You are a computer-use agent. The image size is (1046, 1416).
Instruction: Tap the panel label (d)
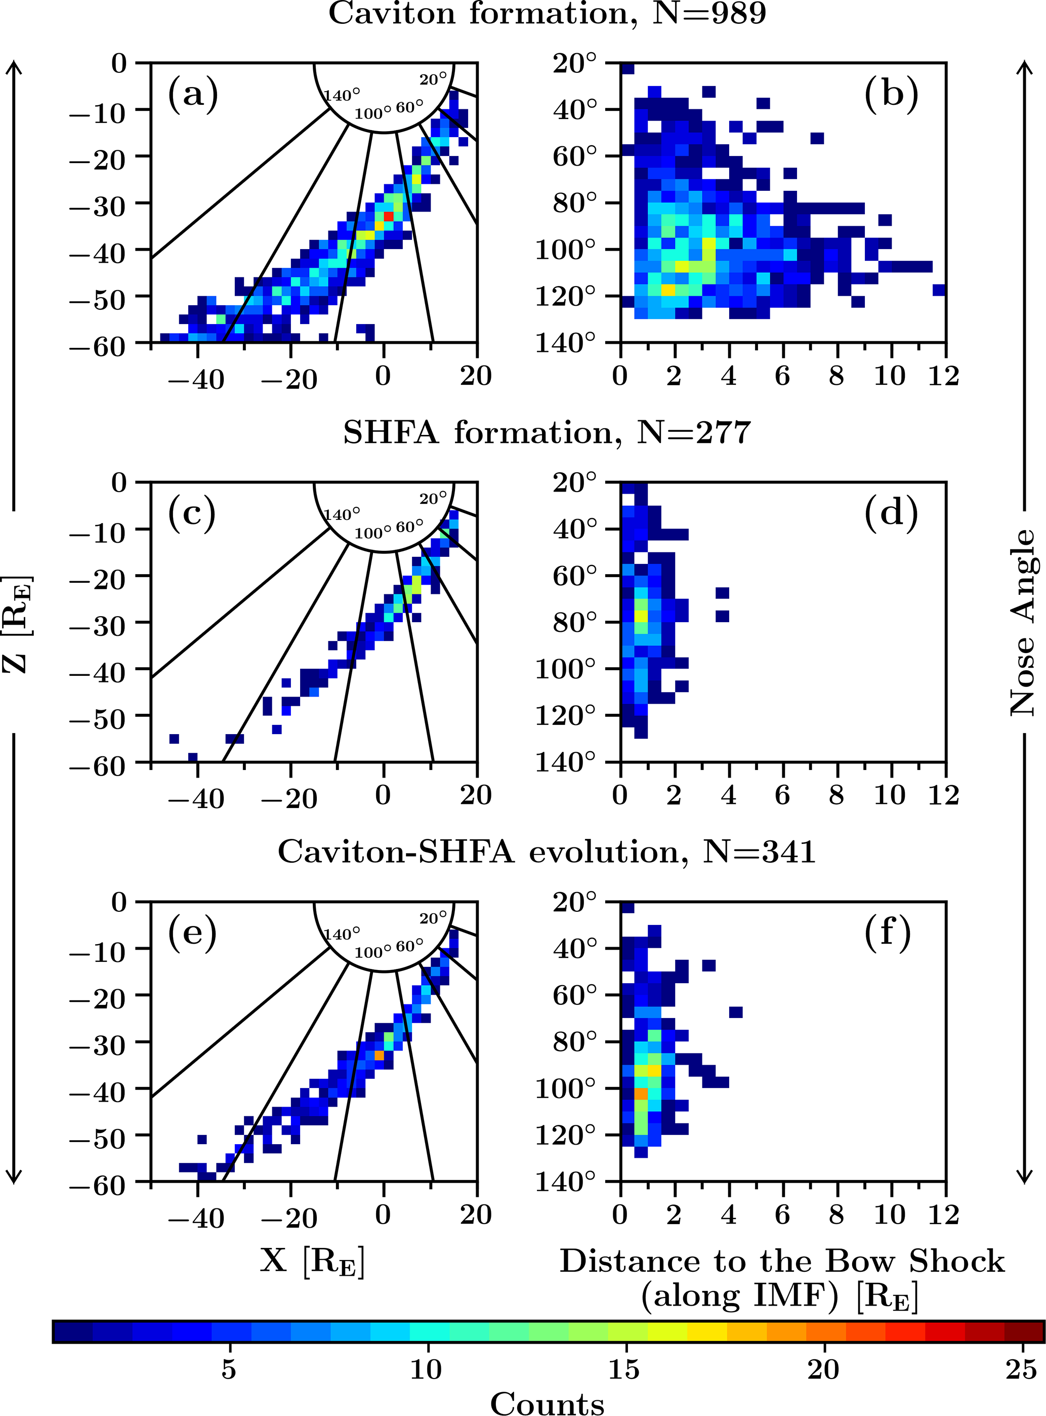click(x=891, y=513)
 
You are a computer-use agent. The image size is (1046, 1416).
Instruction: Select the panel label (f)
click(x=887, y=932)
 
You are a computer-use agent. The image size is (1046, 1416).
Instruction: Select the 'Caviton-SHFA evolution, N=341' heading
click(x=547, y=852)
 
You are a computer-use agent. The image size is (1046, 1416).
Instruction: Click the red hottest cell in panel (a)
click(x=388, y=217)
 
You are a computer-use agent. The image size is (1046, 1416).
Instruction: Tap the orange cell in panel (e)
click(x=379, y=1056)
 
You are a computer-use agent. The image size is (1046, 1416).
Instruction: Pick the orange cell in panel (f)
click(x=641, y=1094)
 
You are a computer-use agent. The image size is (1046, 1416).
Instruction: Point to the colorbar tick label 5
click(x=229, y=1370)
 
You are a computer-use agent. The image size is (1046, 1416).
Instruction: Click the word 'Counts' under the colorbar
click(x=547, y=1403)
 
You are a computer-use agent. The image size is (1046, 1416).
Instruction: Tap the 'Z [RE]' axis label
click(x=17, y=624)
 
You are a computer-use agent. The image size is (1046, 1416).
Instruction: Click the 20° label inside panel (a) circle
click(x=433, y=79)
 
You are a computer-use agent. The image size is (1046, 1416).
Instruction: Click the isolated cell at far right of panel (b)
click(x=939, y=290)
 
